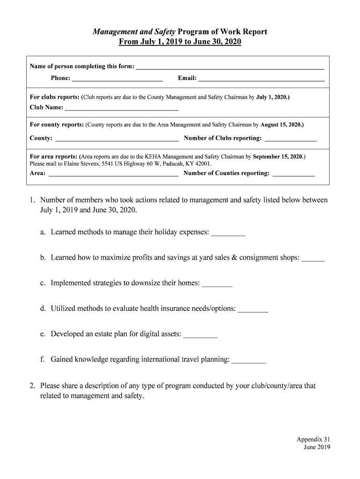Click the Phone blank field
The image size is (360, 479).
[x=117, y=79]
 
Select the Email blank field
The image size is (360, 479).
[x=261, y=79]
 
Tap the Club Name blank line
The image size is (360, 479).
[x=122, y=108]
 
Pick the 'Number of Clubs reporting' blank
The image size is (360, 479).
[x=290, y=138]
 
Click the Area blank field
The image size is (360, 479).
[x=113, y=174]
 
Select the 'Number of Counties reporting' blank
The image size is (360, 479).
[x=293, y=174]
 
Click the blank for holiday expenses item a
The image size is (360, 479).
[x=228, y=232]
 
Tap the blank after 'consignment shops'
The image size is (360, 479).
[x=313, y=258]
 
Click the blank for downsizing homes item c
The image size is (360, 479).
[x=217, y=283]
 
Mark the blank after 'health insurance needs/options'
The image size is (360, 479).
[x=253, y=309]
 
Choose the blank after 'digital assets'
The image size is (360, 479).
[x=201, y=334]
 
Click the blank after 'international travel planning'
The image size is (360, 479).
[x=249, y=360]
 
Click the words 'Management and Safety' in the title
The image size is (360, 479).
[x=134, y=32]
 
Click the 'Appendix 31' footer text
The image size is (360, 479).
[x=313, y=439]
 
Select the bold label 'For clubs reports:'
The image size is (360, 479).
[x=54, y=97]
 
